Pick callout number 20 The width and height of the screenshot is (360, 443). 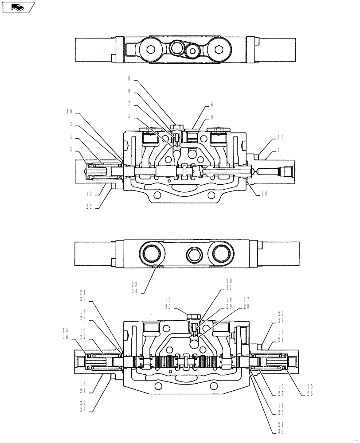(229, 281)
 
